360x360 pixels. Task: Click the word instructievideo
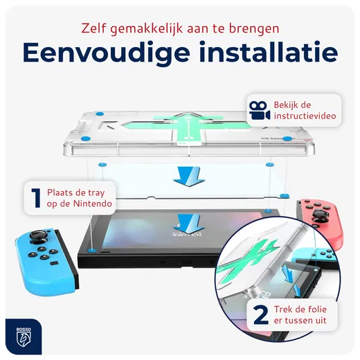point(305,117)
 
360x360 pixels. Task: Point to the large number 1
point(34,195)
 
